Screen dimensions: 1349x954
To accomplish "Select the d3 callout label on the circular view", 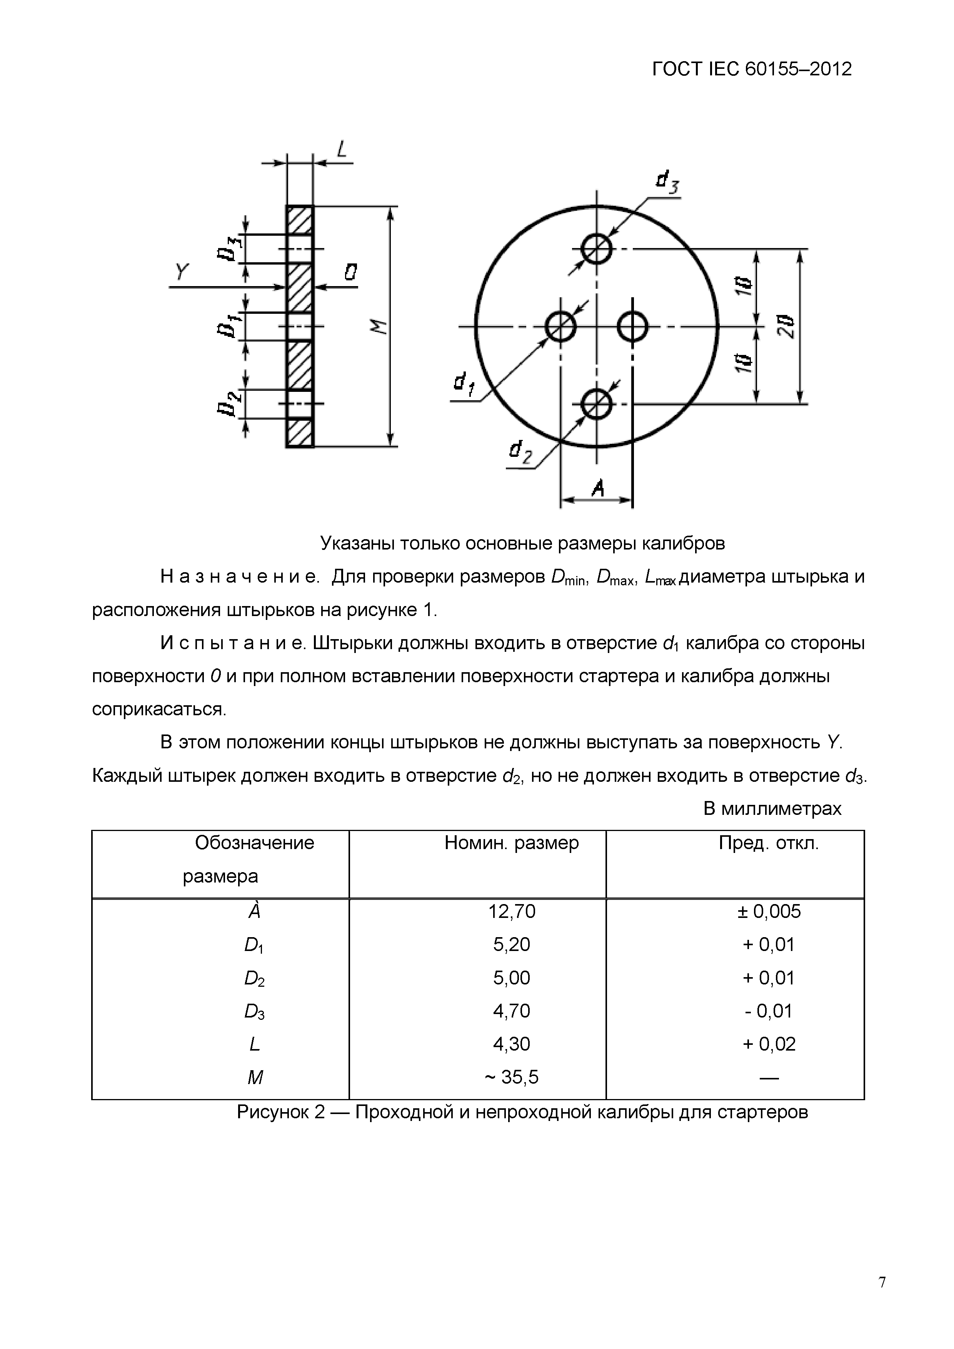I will point(667,182).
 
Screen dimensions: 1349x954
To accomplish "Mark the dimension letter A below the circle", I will point(597,487).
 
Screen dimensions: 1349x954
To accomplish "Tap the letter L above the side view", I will point(342,149).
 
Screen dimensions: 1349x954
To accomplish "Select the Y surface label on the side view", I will point(182,271).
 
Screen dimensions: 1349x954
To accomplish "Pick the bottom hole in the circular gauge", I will point(597,404).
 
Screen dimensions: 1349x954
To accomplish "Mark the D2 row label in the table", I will point(254,978).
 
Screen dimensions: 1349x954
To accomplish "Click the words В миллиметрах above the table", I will point(772,809).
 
